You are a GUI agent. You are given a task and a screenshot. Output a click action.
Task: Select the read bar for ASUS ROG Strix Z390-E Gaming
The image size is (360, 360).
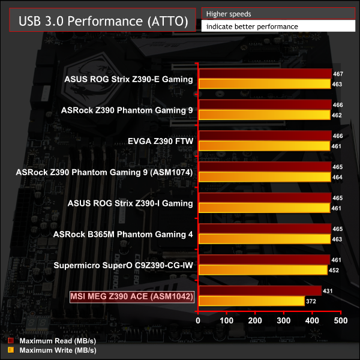point(265,74)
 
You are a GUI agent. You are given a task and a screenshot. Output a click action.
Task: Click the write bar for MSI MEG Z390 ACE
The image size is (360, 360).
point(251,301)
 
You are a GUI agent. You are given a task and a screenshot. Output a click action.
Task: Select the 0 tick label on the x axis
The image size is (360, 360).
point(199,321)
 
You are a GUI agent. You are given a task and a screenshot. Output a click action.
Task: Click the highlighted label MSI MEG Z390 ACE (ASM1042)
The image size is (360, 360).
point(133,296)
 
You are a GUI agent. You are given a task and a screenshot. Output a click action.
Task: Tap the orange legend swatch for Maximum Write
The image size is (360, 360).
point(11,350)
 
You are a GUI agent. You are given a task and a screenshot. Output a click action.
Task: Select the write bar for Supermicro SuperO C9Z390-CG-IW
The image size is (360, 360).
point(263,271)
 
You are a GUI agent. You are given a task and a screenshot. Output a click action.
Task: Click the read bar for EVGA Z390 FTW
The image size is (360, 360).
point(265,136)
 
